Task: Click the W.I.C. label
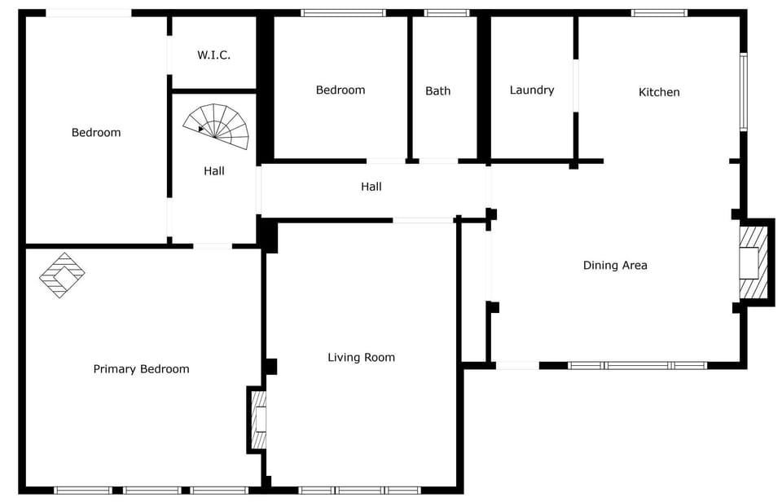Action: point(214,55)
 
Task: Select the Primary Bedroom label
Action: point(141,369)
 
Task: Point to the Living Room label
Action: point(361,357)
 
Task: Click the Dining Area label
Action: point(615,265)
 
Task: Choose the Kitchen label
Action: point(658,92)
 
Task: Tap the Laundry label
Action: point(531,90)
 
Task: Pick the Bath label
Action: point(437,90)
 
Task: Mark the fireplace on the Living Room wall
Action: point(258,419)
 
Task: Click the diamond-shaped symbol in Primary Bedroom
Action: point(62,275)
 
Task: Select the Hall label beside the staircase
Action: point(214,171)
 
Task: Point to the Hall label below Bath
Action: point(371,187)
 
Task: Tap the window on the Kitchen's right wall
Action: point(743,91)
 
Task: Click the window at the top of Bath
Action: point(447,13)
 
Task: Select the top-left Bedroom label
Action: point(96,133)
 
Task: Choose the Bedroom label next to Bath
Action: point(340,90)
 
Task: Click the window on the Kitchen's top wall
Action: point(659,13)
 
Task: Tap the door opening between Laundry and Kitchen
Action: point(576,85)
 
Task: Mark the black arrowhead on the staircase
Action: point(201,128)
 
